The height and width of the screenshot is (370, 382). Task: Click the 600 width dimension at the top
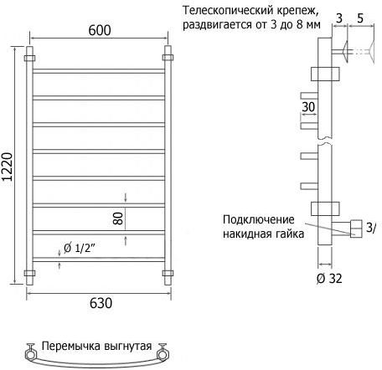100,30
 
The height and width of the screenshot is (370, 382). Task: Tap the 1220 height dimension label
7,167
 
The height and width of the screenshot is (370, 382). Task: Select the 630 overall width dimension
101,303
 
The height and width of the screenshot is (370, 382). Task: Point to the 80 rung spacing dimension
118,218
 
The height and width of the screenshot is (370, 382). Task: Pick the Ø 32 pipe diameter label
329,278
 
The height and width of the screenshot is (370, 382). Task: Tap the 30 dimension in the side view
308,107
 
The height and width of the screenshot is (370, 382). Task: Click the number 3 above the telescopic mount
339,18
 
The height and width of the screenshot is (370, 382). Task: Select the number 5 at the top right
360,18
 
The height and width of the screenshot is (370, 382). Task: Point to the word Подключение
259,219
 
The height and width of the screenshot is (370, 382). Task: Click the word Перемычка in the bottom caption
71,347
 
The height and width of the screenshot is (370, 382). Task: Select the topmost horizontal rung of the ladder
99,71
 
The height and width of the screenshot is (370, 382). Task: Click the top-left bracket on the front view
29,59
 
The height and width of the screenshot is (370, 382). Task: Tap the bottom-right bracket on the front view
168,273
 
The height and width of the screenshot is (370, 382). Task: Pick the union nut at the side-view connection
356,229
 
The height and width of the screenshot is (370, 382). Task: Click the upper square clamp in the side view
325,74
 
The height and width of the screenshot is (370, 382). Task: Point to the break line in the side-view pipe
325,141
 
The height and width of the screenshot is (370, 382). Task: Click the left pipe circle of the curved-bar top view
30,355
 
